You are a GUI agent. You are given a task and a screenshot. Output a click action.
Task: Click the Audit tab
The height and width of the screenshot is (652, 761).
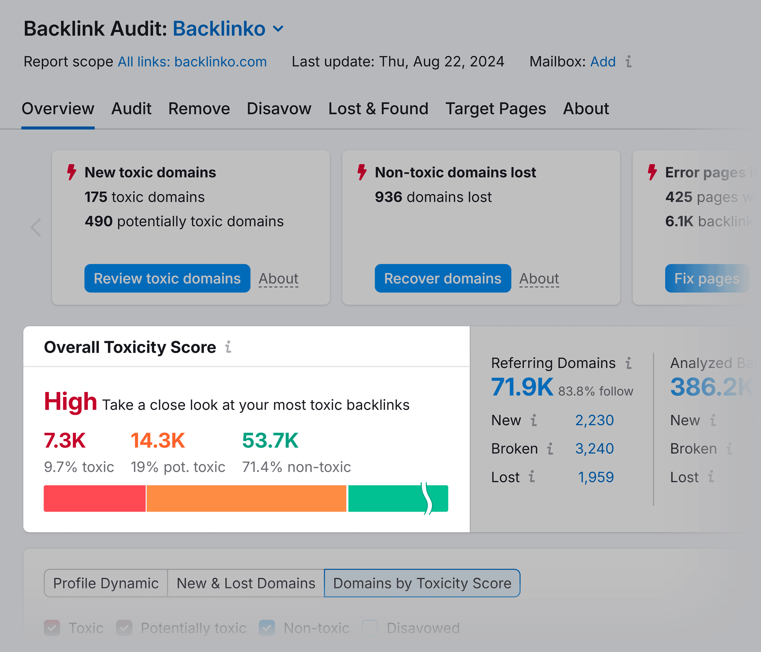tap(131, 109)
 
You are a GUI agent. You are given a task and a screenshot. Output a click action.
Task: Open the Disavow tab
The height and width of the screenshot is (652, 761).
tap(279, 109)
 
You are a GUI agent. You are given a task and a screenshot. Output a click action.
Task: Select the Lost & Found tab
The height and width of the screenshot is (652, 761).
tap(378, 109)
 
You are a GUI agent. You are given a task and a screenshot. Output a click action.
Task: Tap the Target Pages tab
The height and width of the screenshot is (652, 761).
tap(496, 109)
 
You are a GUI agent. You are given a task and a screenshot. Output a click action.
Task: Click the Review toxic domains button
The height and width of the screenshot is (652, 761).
tap(167, 279)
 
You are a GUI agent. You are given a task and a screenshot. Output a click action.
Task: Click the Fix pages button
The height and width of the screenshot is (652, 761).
tap(706, 279)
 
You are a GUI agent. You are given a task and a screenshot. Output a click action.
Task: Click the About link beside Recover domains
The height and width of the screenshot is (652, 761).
tap(539, 279)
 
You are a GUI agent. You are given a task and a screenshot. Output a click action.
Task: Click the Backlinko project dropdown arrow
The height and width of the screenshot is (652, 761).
tap(279, 29)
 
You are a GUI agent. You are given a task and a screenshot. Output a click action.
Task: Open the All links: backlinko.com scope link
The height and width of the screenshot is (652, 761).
tap(192, 62)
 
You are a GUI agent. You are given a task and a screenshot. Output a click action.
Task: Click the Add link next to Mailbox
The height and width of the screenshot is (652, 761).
tap(602, 62)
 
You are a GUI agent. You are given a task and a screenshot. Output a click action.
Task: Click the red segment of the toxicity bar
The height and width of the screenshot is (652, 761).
tap(94, 499)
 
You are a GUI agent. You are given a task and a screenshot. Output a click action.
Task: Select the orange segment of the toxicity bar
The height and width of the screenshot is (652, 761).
tap(246, 499)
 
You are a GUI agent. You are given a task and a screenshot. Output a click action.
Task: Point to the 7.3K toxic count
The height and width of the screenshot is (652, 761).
tap(65, 440)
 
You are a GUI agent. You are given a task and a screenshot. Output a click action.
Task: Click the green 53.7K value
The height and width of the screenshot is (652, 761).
tap(270, 440)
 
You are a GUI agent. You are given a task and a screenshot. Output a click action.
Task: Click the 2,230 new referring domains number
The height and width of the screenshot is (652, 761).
tap(594, 420)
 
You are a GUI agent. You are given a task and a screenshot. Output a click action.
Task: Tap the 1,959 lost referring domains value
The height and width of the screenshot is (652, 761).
tap(595, 477)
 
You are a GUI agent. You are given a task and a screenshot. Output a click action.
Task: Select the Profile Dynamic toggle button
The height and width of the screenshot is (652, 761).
tap(106, 583)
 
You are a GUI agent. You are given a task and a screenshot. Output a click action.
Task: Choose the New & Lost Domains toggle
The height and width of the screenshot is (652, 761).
tap(246, 583)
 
